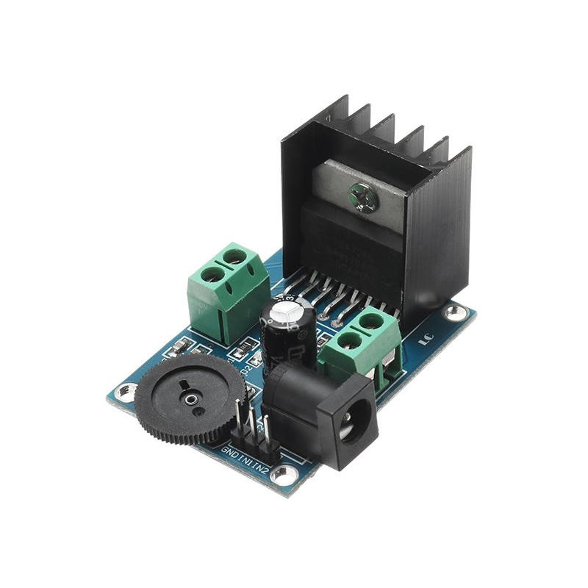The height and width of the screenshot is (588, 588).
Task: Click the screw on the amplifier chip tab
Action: coord(365,196)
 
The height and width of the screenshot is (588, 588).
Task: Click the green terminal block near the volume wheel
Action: coord(225,290)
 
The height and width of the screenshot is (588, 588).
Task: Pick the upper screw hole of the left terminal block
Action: coord(234,256)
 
